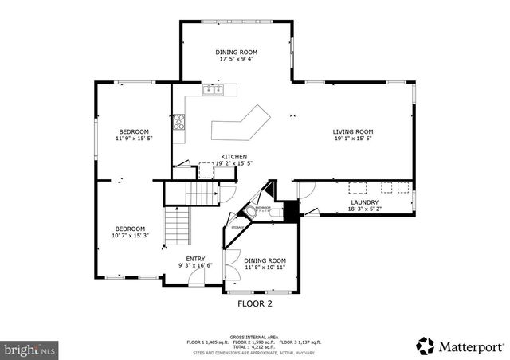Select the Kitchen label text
tap(233, 157)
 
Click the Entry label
tap(195, 258)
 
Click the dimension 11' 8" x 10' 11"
tap(265, 268)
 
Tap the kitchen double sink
tap(213, 91)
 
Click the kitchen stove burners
tap(179, 121)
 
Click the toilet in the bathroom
tap(252, 211)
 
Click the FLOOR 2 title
tap(255, 303)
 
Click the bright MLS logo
tap(29, 349)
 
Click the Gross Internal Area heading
tap(253, 336)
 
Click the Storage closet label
tap(237, 228)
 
